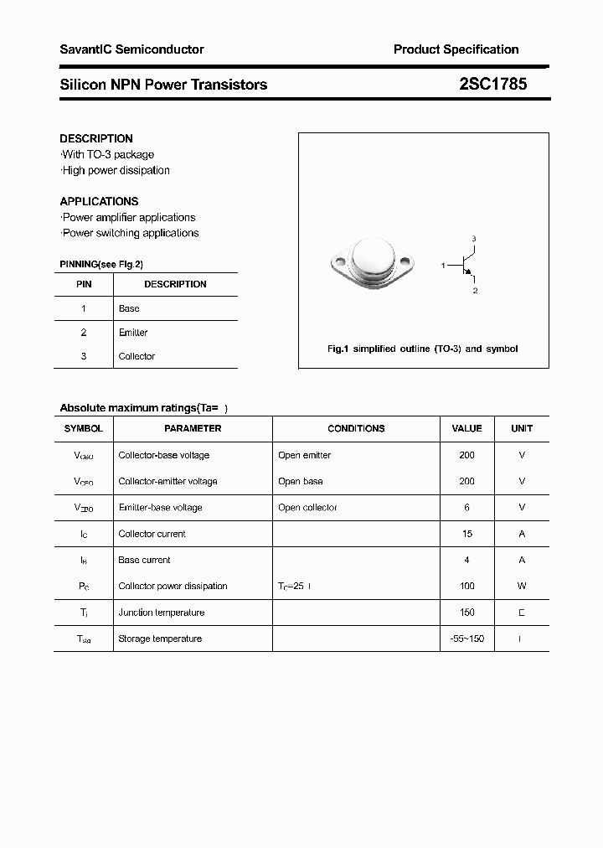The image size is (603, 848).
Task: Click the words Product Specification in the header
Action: click(456, 49)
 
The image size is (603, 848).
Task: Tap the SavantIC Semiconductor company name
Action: click(131, 49)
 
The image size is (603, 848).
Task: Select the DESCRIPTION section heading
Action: click(96, 138)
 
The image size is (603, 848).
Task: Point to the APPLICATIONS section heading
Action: click(99, 201)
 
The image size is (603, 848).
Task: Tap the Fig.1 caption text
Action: click(422, 349)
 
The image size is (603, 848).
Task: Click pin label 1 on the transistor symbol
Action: click(443, 266)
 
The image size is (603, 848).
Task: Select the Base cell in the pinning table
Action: click(129, 308)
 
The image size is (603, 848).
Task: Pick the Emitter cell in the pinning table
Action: click(133, 333)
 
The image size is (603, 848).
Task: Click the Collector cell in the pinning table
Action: click(137, 356)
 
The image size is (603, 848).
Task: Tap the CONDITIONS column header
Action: click(356, 428)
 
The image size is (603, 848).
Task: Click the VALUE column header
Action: click(466, 428)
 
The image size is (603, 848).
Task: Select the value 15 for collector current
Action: click(466, 534)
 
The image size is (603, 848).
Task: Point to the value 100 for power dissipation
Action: click(466, 586)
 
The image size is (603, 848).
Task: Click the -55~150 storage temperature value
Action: click(466, 639)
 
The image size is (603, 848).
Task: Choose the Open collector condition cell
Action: click(307, 508)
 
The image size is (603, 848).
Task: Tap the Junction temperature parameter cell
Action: click(161, 613)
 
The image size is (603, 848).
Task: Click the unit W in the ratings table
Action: click(522, 586)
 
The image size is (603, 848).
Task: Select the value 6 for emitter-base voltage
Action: click(466, 508)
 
